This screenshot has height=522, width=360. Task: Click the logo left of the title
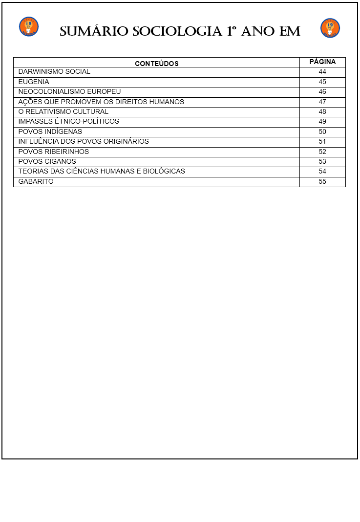coord(29,27)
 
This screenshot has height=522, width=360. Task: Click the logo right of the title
coord(330,28)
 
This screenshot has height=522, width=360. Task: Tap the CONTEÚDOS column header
coord(156,64)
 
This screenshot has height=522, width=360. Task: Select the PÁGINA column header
coord(322,62)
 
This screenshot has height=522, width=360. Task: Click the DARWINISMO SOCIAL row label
coord(54,72)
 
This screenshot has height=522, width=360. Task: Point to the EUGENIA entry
coord(34,82)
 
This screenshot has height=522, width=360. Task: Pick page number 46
coord(322,92)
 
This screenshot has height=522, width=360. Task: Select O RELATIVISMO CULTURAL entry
coord(63,111)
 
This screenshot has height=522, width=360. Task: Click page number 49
coord(322,122)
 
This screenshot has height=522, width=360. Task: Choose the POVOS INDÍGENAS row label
coord(50,131)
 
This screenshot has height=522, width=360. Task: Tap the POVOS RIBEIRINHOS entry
coord(53,152)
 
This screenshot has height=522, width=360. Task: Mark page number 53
coord(322,161)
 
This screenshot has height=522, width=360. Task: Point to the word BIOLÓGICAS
coord(164,172)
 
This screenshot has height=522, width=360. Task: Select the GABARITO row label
coord(36,181)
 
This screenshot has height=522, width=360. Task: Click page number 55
coord(322,181)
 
